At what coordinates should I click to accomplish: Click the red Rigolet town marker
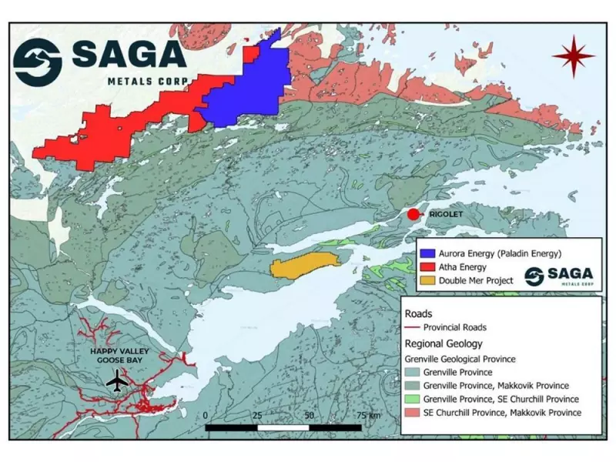point(413,214)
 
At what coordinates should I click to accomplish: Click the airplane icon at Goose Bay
point(118,380)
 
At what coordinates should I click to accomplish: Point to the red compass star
point(573,57)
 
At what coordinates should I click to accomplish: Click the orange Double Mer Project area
point(305,265)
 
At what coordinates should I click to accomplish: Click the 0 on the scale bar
point(206,416)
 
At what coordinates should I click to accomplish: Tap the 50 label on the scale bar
point(309,416)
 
